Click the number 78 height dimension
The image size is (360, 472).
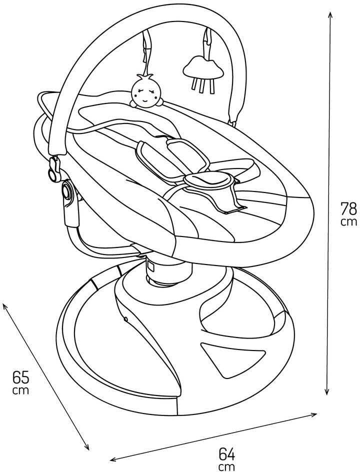pos(348,208)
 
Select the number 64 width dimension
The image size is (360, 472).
pos(226,454)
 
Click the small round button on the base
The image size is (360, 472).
pos(125,318)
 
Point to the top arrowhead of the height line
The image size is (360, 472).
pos(330,15)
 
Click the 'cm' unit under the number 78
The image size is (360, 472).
pos(348,221)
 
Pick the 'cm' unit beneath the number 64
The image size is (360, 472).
pos(226,466)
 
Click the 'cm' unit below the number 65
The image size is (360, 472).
pos(21,390)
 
